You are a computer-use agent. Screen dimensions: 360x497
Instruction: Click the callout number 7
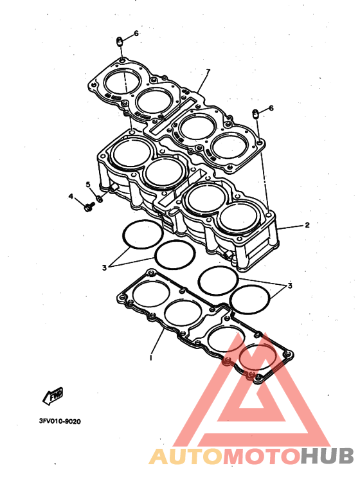coord(208,71)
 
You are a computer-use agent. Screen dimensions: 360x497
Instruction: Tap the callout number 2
coord(307,225)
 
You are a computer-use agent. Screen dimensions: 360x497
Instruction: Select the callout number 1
coord(151,357)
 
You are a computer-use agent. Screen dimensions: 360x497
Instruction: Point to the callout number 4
coord(71,197)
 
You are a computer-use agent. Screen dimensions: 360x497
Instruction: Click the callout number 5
coord(88,185)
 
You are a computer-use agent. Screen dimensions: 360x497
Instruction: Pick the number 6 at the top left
coord(136,33)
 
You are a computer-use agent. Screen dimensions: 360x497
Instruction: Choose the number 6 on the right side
coord(271,108)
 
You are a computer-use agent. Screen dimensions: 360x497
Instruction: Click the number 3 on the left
coord(104,268)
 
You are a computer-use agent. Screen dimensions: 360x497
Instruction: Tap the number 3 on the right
coord(290,286)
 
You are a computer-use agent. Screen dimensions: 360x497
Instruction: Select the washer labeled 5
coord(99,199)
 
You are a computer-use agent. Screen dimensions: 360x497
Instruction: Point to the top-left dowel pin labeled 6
coord(120,42)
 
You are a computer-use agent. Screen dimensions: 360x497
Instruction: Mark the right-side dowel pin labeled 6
coord(256,114)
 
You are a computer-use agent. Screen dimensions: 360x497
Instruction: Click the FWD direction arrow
coord(53,395)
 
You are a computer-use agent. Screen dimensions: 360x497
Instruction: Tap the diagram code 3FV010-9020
coord(60,421)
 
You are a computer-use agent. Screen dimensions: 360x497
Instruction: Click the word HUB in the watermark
coord(327,456)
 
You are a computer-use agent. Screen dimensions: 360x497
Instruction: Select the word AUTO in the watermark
coord(186,456)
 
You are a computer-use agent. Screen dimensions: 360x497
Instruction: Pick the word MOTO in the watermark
coord(262,456)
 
